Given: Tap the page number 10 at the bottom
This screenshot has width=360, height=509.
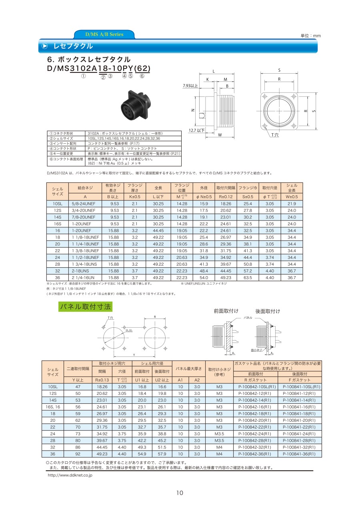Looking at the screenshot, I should coord(180,493).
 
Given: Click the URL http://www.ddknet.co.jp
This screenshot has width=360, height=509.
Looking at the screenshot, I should coord(70,475).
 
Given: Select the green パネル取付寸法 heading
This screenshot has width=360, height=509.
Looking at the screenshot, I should coord(85,307).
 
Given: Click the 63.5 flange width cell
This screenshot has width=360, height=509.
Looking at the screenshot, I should coord(248,277).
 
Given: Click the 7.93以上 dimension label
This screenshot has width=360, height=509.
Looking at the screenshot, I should coord(190,86).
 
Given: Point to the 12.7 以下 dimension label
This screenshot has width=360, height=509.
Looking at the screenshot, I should coord(196,130).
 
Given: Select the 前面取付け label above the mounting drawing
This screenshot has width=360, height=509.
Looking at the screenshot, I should coord(226,311).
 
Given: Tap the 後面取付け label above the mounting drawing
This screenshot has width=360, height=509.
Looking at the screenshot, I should coord(268,311).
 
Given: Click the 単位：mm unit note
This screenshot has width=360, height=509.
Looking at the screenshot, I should coord(310,36).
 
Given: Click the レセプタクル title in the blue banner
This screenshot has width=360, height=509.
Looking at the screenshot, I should coord(73,46).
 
